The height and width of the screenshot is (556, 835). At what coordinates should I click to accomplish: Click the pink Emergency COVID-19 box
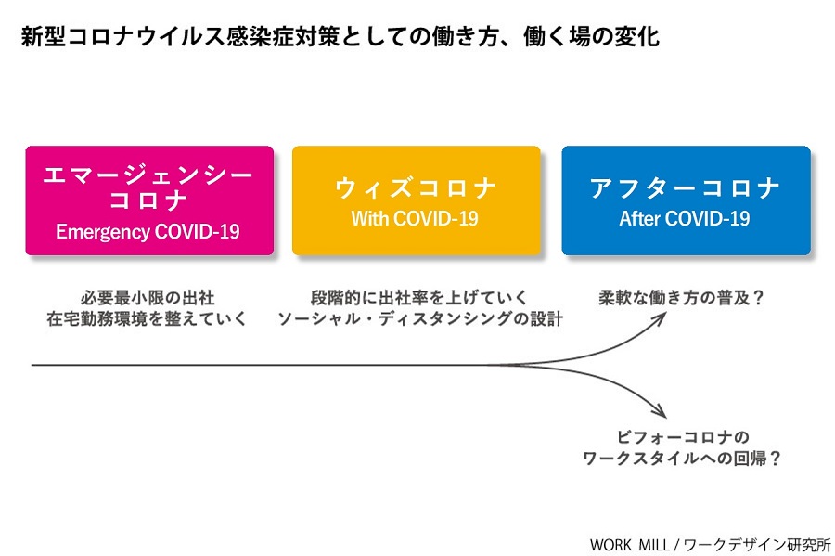tap(149, 200)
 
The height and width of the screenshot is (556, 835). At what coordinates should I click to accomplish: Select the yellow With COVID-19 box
tap(417, 200)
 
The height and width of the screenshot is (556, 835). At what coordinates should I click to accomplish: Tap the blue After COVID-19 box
tap(686, 200)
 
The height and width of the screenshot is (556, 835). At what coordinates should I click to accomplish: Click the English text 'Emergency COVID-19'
tap(148, 232)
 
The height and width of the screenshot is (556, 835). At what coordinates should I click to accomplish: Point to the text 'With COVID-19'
tap(415, 218)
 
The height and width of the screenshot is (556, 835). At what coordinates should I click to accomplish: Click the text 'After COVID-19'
tap(685, 218)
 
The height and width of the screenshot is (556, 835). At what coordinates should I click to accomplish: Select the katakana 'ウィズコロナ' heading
tap(416, 188)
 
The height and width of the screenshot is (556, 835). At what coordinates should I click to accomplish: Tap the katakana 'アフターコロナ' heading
tap(685, 188)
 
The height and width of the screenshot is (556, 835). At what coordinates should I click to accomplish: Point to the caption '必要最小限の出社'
tap(148, 298)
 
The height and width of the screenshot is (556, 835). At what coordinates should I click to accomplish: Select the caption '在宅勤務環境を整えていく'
tap(147, 318)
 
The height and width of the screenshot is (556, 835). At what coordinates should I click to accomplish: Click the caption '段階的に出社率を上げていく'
tap(418, 298)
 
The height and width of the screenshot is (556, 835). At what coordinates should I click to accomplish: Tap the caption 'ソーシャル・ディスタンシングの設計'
tap(420, 318)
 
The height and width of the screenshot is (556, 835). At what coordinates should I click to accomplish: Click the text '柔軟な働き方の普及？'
tap(681, 298)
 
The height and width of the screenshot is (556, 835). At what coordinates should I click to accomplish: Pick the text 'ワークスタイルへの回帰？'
tap(682, 458)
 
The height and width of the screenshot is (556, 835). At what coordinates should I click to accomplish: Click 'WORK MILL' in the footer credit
tap(629, 545)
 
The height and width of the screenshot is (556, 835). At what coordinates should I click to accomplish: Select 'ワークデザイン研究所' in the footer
tap(757, 545)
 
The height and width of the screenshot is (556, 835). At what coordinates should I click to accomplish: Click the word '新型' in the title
tap(44, 37)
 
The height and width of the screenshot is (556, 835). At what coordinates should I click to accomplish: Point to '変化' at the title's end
tap(637, 37)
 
